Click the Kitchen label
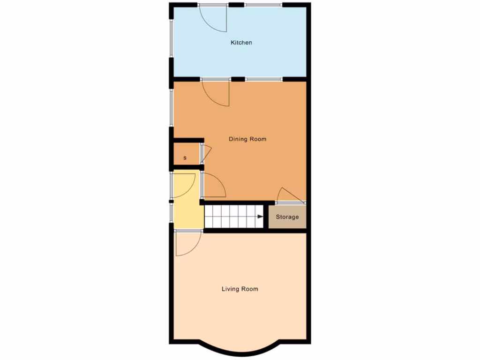(241, 43)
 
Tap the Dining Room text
(247, 139)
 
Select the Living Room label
(240, 289)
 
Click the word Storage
(287, 217)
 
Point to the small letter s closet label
(185, 158)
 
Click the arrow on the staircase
(260, 217)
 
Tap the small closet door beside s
(206, 152)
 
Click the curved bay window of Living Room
(239, 350)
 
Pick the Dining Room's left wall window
(171, 108)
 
